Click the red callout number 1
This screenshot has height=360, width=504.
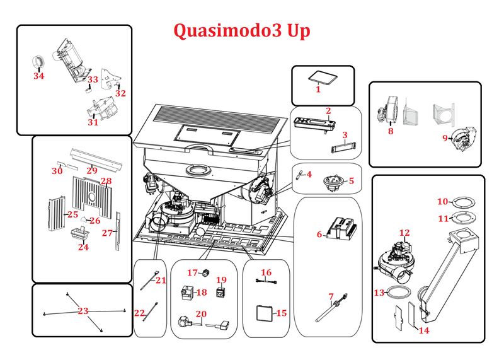pos(318,90)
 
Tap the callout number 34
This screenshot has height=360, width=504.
pos(39,76)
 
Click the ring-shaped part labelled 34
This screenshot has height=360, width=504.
pos(38,62)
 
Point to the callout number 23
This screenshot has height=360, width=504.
pos(83,311)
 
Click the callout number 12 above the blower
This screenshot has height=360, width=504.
pos(404,233)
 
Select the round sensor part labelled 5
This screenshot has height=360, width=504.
pos(332,181)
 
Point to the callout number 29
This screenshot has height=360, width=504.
pos(92,170)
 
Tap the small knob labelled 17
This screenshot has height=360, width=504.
pos(205,273)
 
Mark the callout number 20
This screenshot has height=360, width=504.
pos(201,313)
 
